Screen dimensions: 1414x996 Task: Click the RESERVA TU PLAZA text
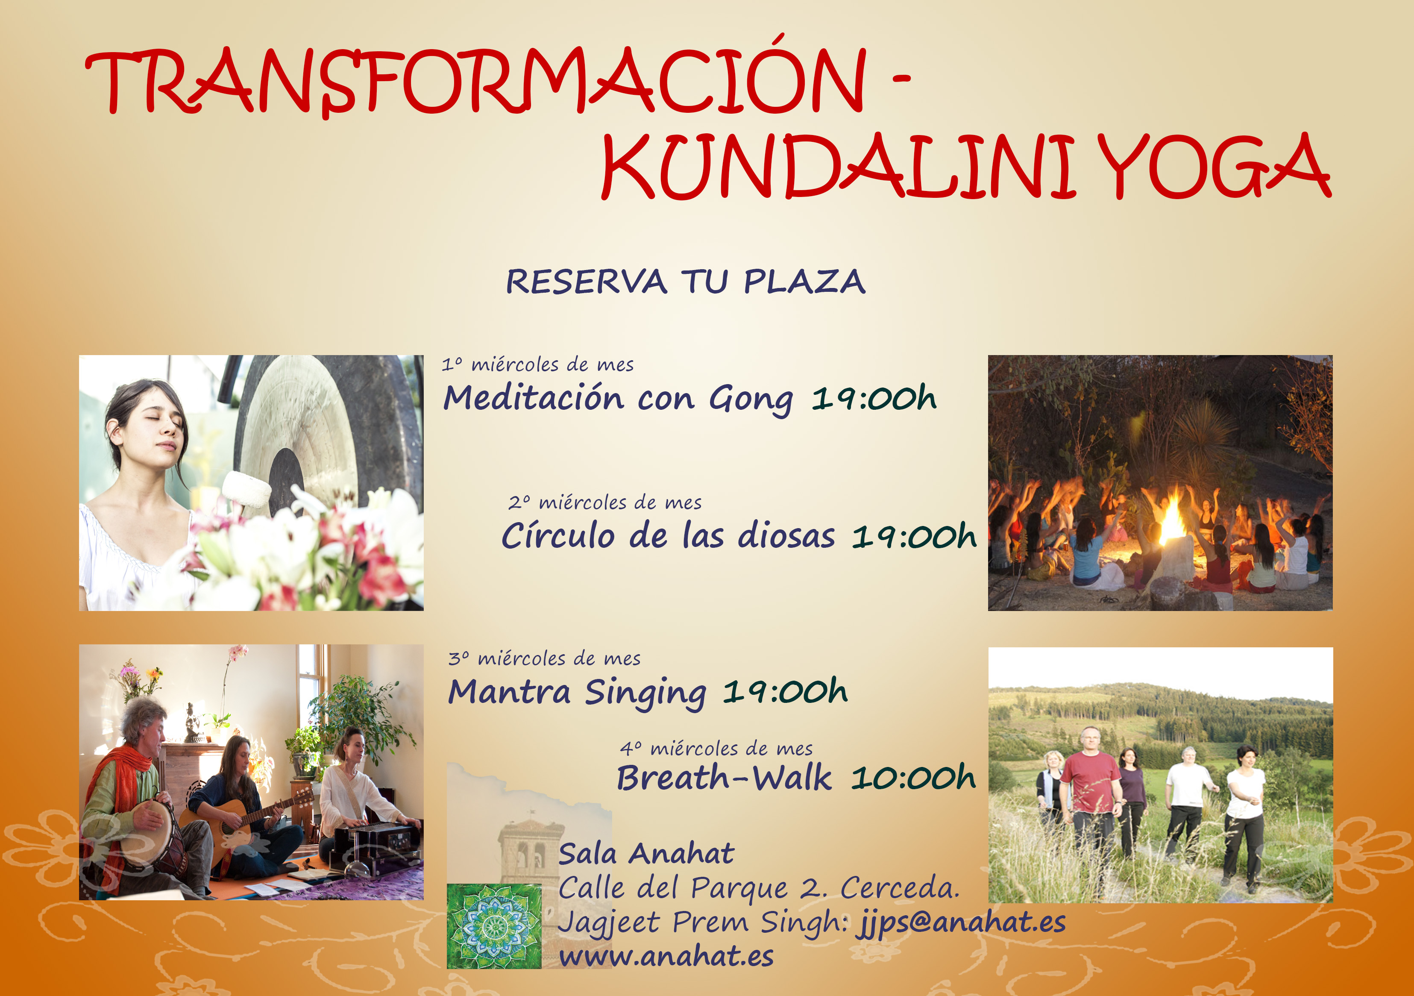tap(686, 282)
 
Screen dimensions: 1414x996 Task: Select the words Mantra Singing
tap(577, 693)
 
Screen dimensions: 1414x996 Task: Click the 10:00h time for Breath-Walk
tap(913, 778)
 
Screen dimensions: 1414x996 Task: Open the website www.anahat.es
tap(666, 957)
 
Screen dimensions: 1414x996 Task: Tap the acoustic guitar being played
tap(243, 829)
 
